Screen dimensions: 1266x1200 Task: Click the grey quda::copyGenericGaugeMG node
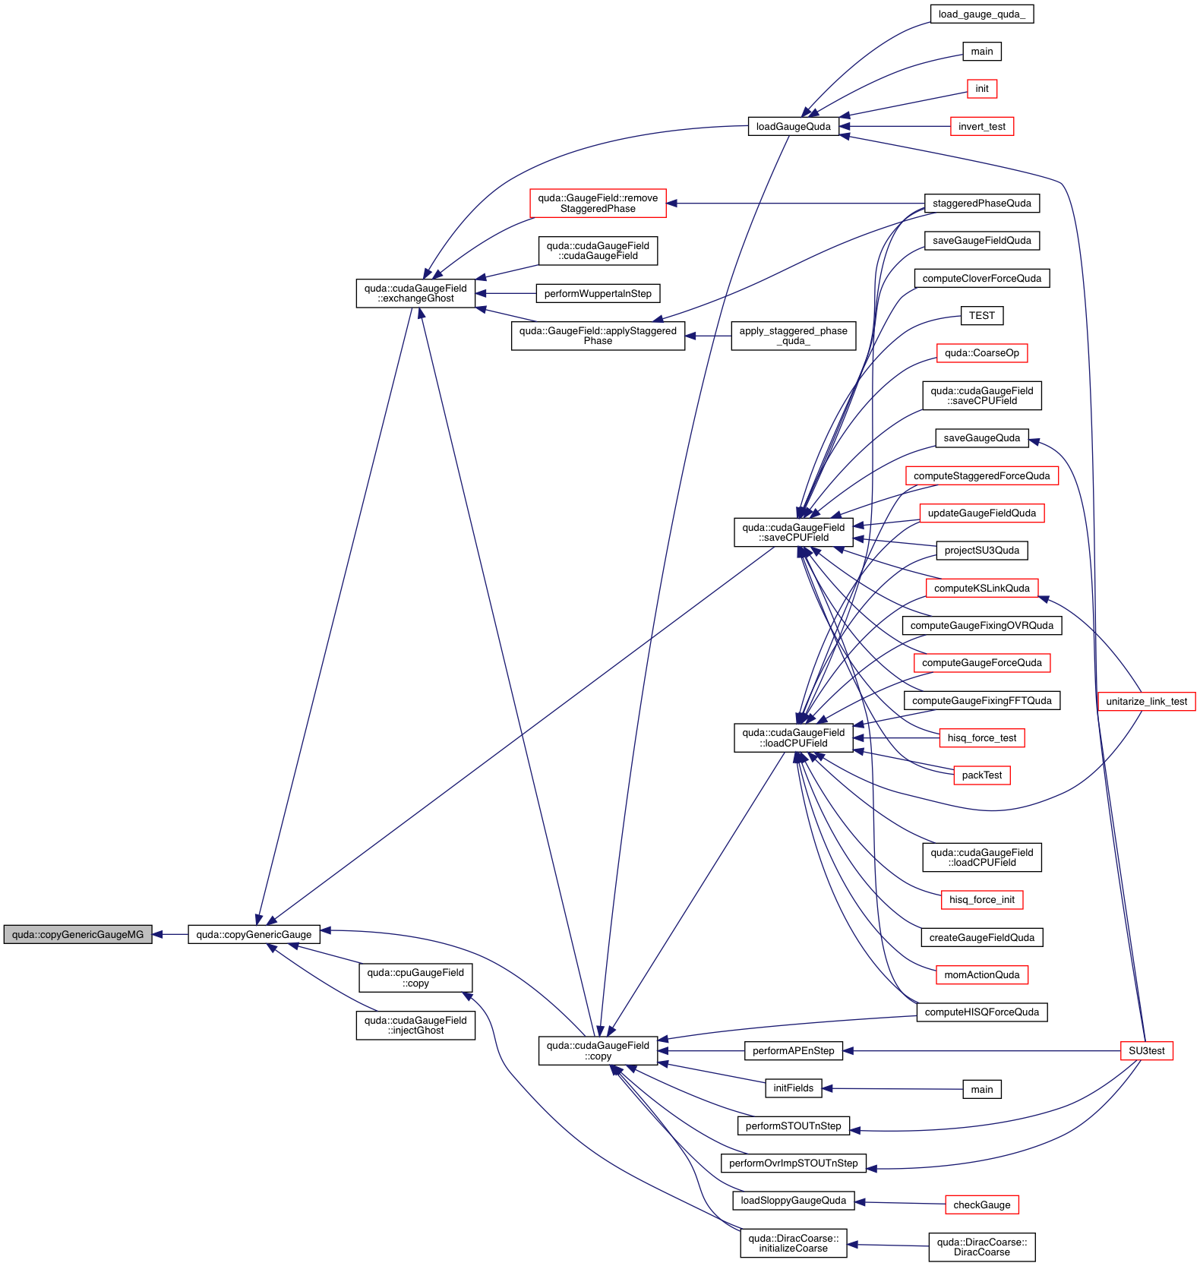click(77, 934)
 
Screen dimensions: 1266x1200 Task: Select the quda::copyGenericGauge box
click(254, 934)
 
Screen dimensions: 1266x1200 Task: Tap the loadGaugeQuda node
click(793, 126)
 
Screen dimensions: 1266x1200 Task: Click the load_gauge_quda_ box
click(981, 14)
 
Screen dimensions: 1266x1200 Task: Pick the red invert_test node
click(981, 126)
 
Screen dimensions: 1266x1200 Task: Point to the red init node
click(981, 89)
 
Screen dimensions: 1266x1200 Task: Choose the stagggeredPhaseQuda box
click(981, 203)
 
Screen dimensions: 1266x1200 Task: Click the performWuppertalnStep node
click(598, 293)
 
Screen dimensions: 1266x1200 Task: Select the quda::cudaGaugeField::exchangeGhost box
click(415, 293)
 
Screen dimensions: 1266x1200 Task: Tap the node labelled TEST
click(981, 315)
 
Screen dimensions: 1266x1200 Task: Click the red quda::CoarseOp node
click(981, 352)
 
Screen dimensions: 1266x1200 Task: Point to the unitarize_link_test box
click(1146, 701)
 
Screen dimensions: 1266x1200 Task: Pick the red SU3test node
click(1146, 1050)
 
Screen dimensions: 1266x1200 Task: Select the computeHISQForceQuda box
click(981, 1012)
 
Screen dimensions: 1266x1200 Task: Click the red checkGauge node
click(981, 1204)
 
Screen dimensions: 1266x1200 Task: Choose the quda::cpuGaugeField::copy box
click(415, 977)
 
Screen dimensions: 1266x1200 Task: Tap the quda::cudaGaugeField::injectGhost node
click(415, 1025)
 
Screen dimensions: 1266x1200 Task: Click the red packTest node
click(981, 775)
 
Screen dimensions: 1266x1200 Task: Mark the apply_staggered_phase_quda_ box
click(793, 336)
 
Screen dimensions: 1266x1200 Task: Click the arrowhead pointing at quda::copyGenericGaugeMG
click(158, 934)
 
